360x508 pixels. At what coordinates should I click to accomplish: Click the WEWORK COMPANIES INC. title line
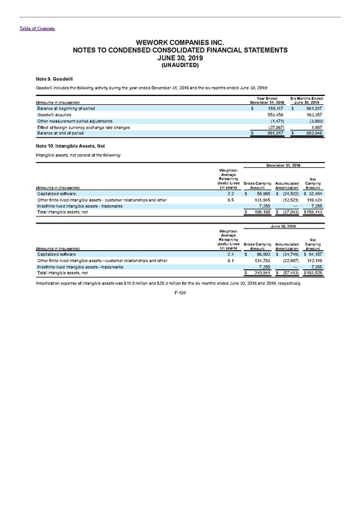179,43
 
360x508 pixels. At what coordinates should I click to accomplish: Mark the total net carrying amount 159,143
313,212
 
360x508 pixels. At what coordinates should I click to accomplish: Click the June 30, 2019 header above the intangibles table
284,226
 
